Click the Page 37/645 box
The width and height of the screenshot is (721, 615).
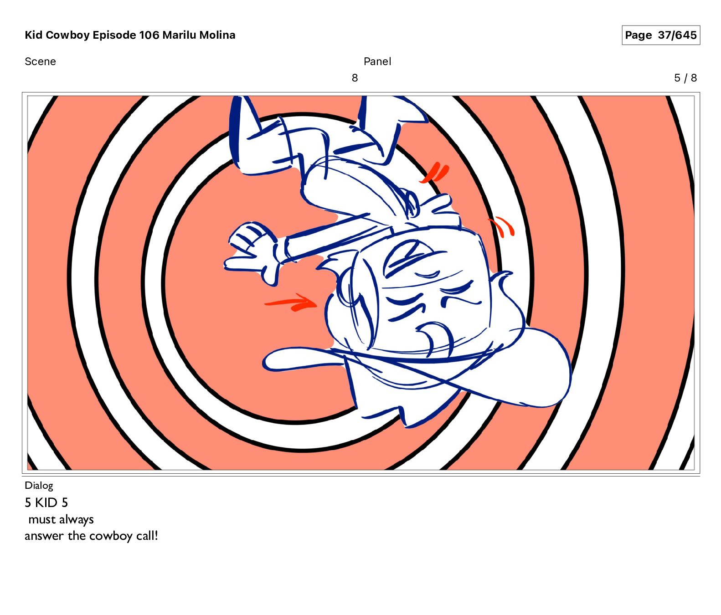pyautogui.click(x=660, y=35)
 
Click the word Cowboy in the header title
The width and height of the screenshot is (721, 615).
pyautogui.click(x=68, y=35)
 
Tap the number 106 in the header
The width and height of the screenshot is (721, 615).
pyautogui.click(x=149, y=35)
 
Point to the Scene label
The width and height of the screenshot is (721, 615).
pyautogui.click(x=40, y=61)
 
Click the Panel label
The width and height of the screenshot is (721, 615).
pyautogui.click(x=377, y=61)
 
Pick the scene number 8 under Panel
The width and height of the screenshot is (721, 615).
pyautogui.click(x=355, y=78)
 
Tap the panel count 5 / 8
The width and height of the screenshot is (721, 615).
pyautogui.click(x=685, y=78)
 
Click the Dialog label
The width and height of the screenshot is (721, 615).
pyautogui.click(x=39, y=486)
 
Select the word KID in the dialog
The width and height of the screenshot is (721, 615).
pyautogui.click(x=46, y=502)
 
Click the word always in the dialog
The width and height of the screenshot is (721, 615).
pyautogui.click(x=76, y=520)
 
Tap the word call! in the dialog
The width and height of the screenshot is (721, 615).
pyautogui.click(x=147, y=536)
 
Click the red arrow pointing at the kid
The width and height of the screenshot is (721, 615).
pyautogui.click(x=290, y=302)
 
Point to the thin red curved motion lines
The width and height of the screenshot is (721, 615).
pyautogui.click(x=502, y=226)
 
